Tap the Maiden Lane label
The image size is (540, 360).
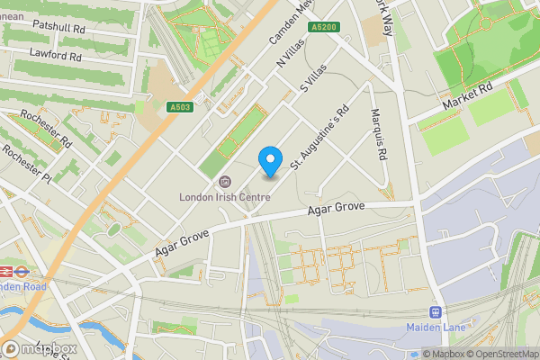(x=436, y=327)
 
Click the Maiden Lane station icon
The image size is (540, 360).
(x=436, y=312)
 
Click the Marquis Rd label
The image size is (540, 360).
(x=381, y=135)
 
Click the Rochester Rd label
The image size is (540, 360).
(x=45, y=130)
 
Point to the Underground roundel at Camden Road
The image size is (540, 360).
(x=9, y=270)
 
